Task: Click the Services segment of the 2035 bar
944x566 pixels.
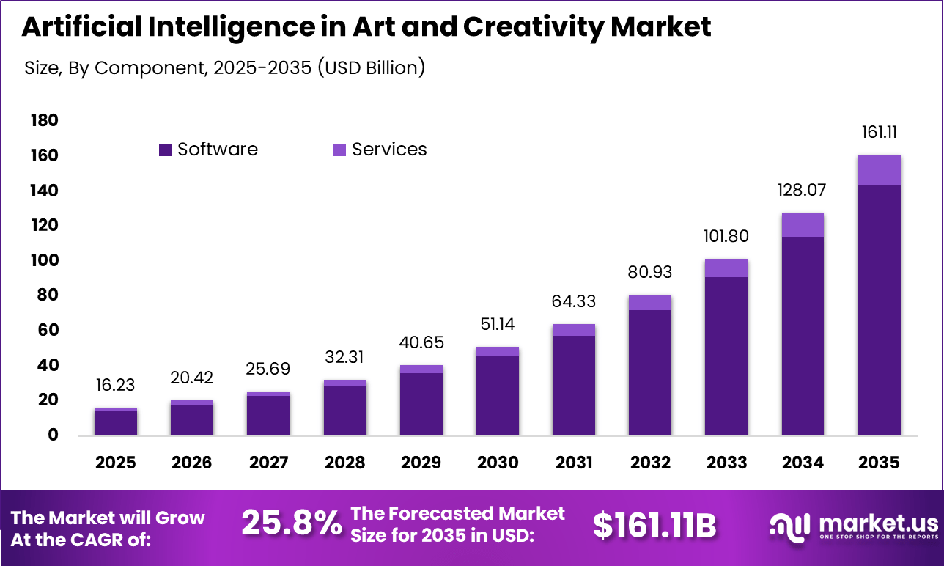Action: [x=879, y=170]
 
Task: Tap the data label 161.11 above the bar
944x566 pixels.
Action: [x=879, y=133]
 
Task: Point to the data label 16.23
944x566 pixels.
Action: [x=116, y=386]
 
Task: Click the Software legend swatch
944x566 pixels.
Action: [x=165, y=150]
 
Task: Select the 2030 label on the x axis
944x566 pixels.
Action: [x=498, y=463]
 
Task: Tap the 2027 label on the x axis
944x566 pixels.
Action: [x=268, y=463]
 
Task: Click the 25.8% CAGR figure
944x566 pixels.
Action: [x=291, y=523]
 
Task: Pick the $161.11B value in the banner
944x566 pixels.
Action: [x=654, y=525]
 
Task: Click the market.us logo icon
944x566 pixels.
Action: [x=789, y=524]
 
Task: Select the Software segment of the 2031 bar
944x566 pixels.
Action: [x=574, y=385]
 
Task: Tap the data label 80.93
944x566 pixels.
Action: [x=650, y=273]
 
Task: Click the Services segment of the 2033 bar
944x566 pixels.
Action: [x=726, y=268]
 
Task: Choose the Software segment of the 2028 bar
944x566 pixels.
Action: [x=344, y=410]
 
